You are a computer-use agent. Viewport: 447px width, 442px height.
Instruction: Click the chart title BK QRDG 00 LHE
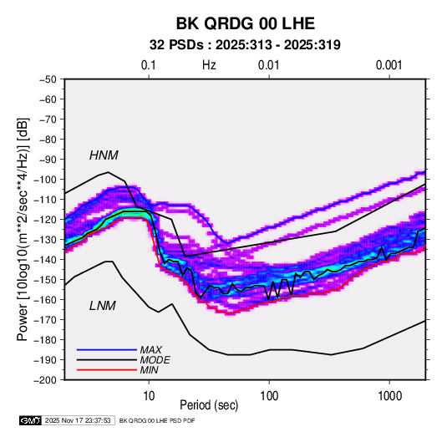pos(246,23)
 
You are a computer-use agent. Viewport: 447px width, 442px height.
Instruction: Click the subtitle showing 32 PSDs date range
pos(245,45)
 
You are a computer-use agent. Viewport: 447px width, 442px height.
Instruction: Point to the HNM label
pos(104,155)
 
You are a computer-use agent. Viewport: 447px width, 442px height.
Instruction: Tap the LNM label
pos(103,306)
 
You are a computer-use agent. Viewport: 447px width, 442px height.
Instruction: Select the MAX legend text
pos(151,349)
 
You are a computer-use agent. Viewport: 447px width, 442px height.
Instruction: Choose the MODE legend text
pos(155,360)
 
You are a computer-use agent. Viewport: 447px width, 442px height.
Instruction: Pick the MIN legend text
pos(149,370)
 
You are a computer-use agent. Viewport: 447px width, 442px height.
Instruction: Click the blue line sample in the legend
pos(107,350)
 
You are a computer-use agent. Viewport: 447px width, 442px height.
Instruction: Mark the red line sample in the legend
pos(107,370)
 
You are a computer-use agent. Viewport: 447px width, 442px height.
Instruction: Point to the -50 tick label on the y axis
pos(48,79)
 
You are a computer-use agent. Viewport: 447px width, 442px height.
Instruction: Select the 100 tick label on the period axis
pos(269,396)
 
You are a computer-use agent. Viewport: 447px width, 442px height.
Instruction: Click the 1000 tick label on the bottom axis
pos(389,396)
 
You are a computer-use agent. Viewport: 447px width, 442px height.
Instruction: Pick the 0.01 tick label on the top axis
pos(268,65)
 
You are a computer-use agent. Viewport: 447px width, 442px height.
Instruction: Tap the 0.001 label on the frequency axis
pos(389,65)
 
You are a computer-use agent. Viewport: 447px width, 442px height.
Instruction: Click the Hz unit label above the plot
pos(209,65)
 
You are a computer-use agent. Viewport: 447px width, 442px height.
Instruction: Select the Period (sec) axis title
pos(209,405)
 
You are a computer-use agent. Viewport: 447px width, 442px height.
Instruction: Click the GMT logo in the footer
pos(31,420)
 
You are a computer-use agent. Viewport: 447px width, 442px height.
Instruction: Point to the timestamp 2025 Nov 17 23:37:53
pos(78,420)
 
